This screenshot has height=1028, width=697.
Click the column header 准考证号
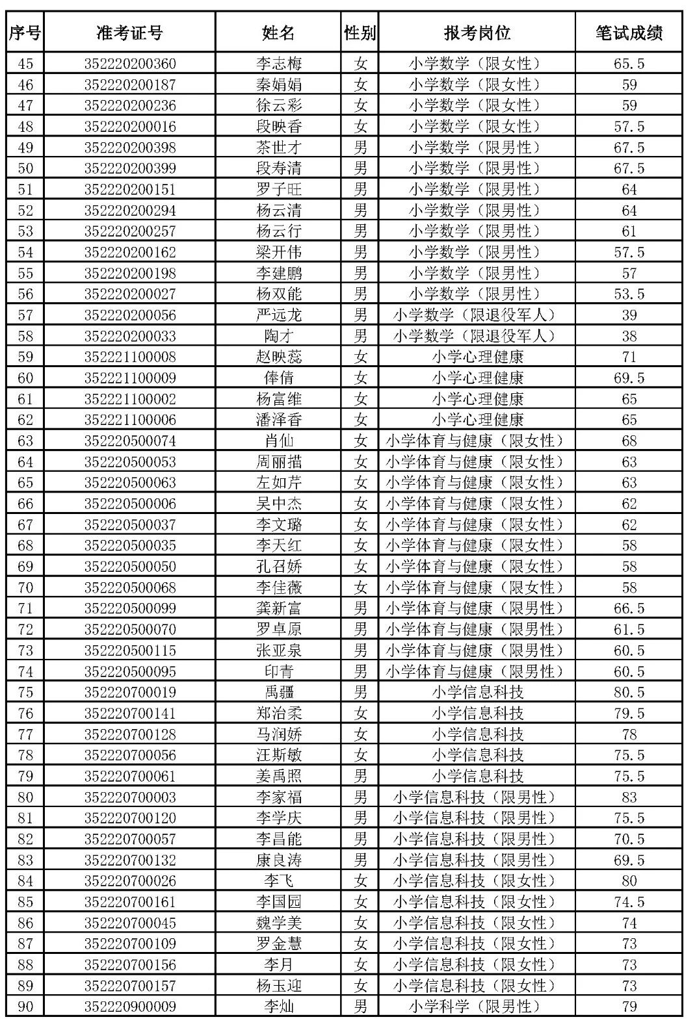129,32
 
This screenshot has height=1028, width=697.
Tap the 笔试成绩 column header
629,32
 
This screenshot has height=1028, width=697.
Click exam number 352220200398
129,148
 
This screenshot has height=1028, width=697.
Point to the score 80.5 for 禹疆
629,692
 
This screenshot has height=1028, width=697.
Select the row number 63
25,441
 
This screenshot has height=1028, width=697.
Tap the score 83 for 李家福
629,797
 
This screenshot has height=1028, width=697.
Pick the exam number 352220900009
129,1007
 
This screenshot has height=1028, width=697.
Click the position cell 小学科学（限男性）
476,1007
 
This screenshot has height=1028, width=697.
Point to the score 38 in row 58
629,336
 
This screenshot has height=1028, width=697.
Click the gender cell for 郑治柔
360,713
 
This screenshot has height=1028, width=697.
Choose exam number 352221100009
129,378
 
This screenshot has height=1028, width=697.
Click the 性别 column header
360,32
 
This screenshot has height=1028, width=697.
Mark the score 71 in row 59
629,357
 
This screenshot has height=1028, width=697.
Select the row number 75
25,692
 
